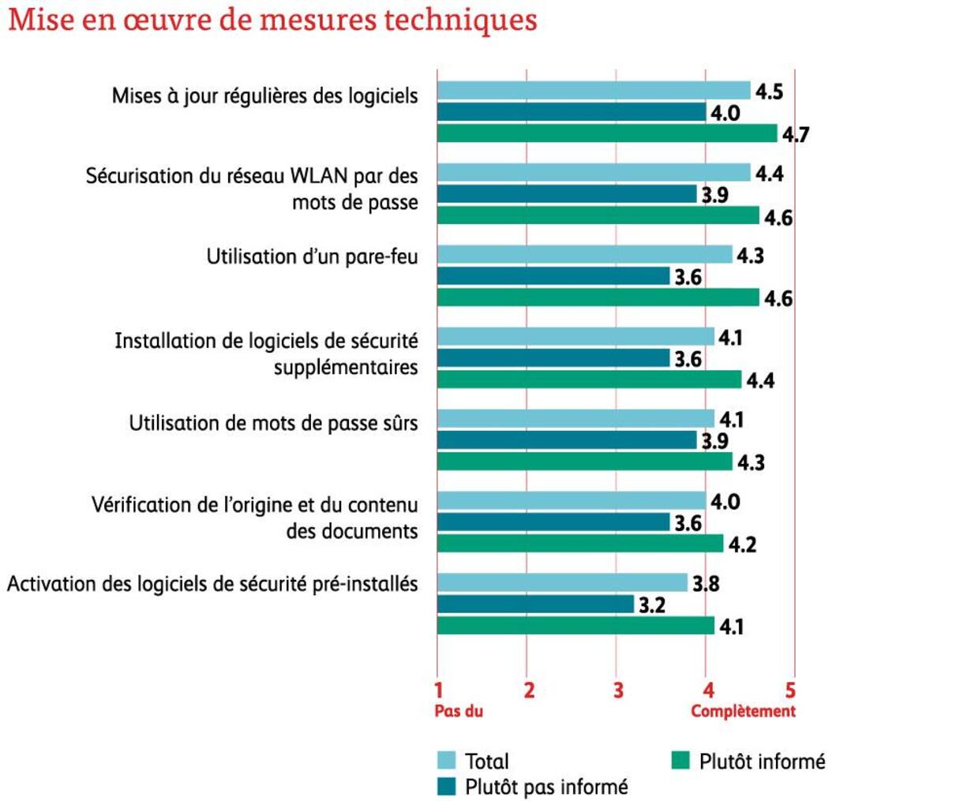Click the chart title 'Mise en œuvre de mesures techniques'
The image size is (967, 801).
coord(272,20)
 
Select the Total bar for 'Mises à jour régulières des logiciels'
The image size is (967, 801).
coord(593,91)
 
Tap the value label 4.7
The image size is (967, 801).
coord(795,135)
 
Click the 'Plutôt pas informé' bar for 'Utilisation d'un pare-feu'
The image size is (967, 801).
coord(553,276)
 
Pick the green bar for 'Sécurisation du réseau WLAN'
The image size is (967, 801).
coord(598,215)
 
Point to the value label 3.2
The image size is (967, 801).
coord(651,605)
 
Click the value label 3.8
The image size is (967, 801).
coord(706,584)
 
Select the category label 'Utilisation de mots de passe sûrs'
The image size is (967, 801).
coord(273,423)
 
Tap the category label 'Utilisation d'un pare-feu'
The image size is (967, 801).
coord(312,256)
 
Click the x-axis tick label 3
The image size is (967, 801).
coord(618,691)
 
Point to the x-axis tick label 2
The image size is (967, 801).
coord(529,691)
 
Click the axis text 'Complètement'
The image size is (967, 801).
coord(743,711)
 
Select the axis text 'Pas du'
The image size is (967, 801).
coord(459,711)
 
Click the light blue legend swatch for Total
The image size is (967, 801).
coord(447,761)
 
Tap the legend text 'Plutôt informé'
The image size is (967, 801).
coord(762,761)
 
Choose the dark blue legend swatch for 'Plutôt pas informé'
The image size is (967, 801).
coord(447,786)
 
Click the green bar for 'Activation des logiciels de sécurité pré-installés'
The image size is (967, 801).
coord(575,626)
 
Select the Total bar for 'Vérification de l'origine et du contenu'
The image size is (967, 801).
coord(571,500)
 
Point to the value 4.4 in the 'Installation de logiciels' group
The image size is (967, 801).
coord(760,381)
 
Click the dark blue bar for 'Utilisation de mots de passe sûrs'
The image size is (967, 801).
coord(566,440)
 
